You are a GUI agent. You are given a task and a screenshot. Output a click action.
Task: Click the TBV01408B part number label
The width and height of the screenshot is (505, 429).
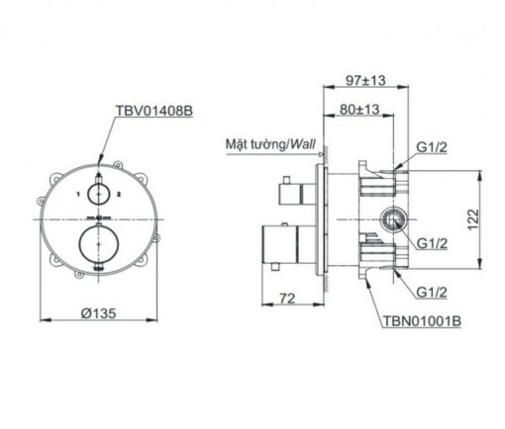[x=153, y=111]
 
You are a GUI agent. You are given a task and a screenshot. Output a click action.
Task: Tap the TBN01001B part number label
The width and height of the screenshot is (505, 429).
[x=422, y=320]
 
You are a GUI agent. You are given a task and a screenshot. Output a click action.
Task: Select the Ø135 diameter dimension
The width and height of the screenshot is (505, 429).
[x=99, y=313]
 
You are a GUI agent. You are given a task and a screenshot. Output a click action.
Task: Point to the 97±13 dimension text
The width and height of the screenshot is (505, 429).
[x=365, y=80]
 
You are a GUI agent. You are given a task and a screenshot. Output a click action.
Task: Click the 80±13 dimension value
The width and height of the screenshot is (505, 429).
[x=359, y=109]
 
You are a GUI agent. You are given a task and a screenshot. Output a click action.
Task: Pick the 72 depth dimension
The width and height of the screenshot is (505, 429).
[x=287, y=299]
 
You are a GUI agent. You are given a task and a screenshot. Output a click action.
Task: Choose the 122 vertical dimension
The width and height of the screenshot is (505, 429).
[x=472, y=219]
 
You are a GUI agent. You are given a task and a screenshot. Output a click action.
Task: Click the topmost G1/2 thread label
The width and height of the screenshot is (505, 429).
[x=432, y=147]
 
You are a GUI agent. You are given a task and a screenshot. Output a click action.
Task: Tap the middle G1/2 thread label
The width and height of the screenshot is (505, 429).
[x=432, y=243]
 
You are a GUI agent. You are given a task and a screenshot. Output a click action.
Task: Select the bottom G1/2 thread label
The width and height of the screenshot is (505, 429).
[x=432, y=292]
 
